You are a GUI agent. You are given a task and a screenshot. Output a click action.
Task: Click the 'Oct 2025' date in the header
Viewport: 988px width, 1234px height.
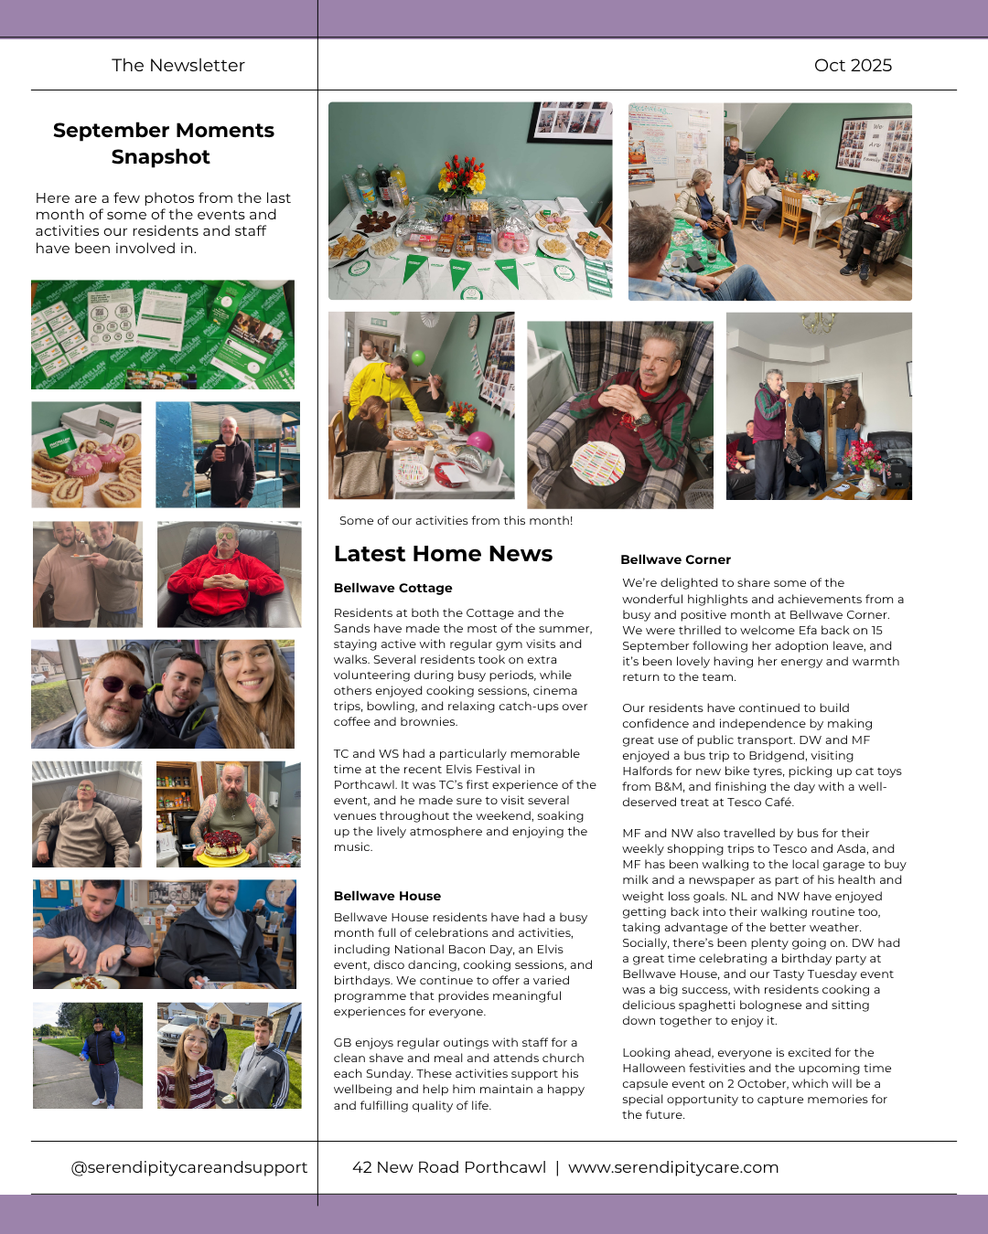[x=853, y=65]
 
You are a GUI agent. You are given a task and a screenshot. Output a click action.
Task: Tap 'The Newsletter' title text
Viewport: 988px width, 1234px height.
[x=178, y=65]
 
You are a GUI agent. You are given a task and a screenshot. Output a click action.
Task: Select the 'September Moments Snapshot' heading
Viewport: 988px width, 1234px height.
[x=163, y=144]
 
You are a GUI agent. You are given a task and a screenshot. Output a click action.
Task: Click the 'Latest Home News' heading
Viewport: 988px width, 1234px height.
[x=443, y=554]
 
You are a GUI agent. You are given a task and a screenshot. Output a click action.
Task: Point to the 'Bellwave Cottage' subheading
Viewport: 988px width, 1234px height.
[x=392, y=588]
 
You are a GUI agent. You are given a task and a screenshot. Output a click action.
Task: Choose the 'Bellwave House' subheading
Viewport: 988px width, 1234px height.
[x=387, y=896]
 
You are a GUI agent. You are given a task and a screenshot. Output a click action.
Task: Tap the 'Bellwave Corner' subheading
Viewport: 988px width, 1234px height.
[x=675, y=559]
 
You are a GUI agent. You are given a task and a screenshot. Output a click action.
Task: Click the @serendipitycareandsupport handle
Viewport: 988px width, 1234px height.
[x=189, y=1167]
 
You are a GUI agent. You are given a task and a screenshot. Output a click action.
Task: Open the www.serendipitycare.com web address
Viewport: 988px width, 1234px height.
[x=673, y=1167]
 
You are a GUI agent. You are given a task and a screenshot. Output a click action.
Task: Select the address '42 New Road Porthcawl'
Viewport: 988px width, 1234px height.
[x=449, y=1167]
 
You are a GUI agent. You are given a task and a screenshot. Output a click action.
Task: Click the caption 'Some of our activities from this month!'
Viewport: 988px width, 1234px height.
[x=456, y=521]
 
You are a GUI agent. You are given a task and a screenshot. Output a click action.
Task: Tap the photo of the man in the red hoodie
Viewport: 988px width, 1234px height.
[x=229, y=574]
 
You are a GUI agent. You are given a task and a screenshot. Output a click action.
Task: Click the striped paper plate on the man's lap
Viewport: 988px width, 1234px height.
[x=598, y=462]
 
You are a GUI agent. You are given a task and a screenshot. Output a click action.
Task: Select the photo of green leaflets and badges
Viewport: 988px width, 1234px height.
[x=163, y=335]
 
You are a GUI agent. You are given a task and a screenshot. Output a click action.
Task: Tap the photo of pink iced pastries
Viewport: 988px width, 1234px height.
[x=87, y=454]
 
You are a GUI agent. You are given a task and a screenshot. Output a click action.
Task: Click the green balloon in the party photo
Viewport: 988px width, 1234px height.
[x=418, y=357]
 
